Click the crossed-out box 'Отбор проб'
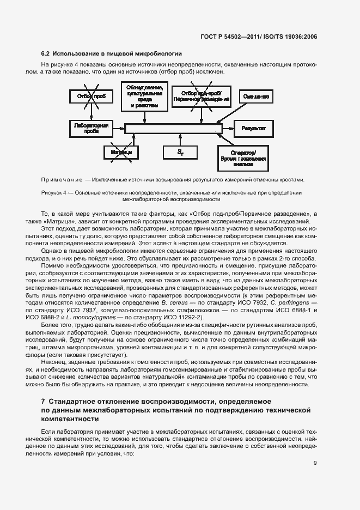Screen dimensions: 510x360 coord(91,97)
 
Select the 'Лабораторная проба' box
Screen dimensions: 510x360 coord(91,128)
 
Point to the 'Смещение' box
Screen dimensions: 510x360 coord(255,96)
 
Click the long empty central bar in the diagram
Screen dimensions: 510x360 coord(173,129)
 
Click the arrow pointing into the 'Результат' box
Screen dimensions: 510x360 coord(229,129)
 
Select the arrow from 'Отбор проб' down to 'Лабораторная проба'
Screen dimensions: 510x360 coord(91,112)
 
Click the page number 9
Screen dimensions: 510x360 coord(315,463)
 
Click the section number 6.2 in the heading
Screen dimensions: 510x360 coord(46,53)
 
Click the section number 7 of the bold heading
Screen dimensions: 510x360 coord(43,402)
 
